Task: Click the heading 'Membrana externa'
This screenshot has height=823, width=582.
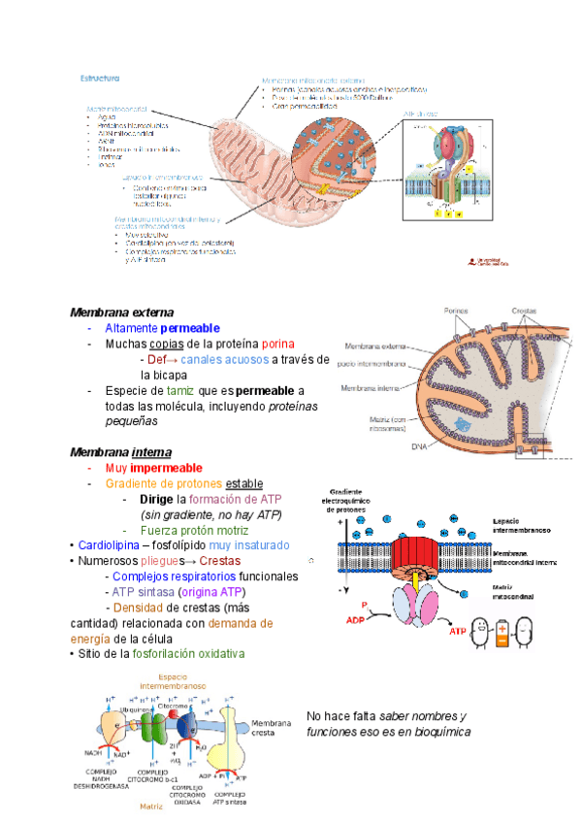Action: coord(121,313)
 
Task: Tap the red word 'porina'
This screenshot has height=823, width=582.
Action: coord(278,344)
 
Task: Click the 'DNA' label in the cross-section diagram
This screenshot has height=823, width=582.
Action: coord(419,446)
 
